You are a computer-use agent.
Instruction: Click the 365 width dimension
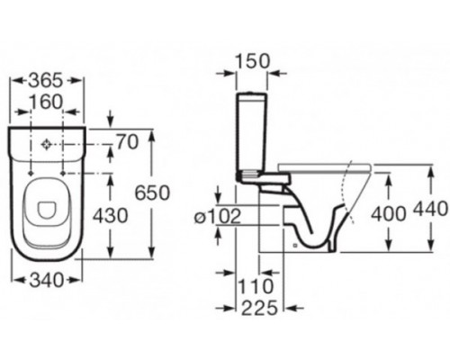pos(46,81)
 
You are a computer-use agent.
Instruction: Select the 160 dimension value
pos(47,102)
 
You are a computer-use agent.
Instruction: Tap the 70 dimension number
pos(128,141)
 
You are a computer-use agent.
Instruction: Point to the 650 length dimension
pos(152,193)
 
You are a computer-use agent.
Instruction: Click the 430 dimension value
pos(111,216)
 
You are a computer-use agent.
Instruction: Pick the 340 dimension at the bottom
pos(47,280)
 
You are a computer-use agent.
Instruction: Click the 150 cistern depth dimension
pos(252,61)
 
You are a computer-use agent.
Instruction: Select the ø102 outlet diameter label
pos(218,216)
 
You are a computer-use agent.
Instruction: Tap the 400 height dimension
pos(389,214)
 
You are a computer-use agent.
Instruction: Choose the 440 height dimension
pos(431,209)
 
